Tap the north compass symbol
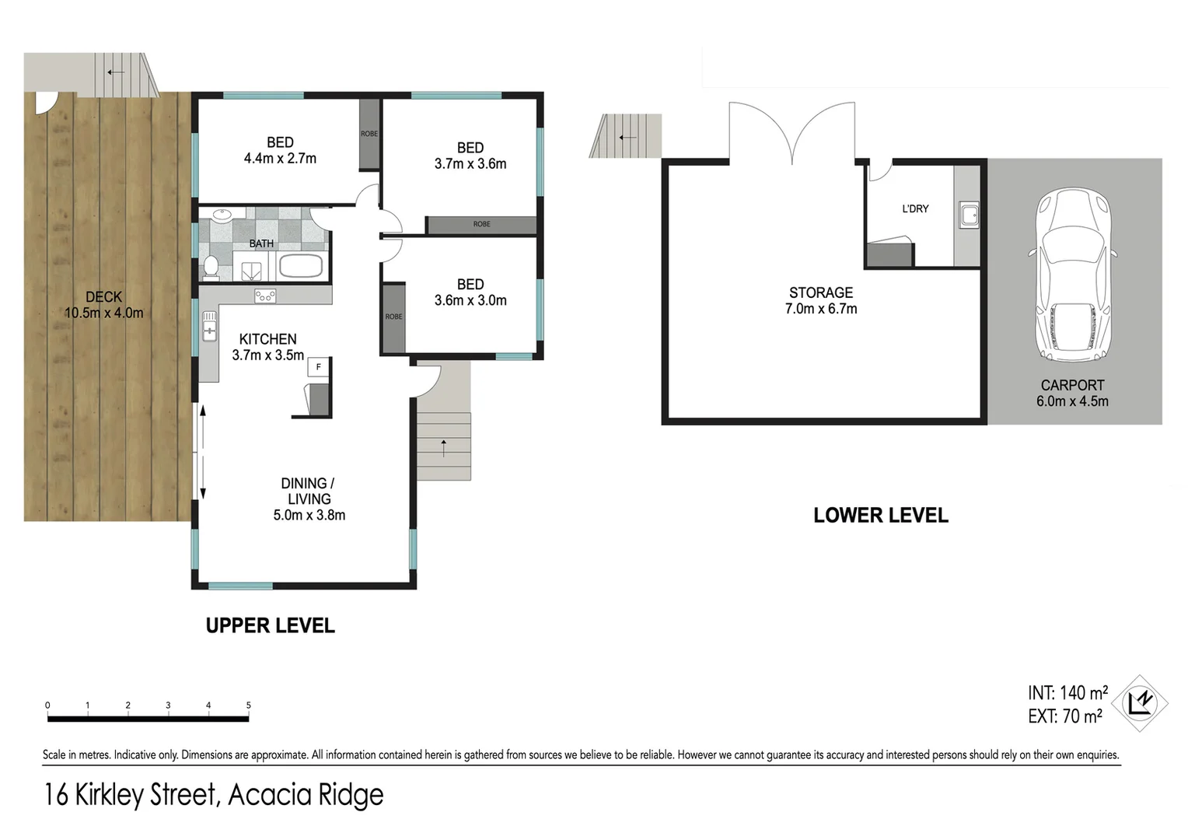(x=1140, y=703)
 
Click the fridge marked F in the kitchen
(x=318, y=367)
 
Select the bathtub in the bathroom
(x=300, y=266)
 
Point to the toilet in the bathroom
(x=211, y=267)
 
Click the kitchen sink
(x=210, y=326)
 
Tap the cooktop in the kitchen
(x=265, y=296)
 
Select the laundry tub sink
(x=968, y=215)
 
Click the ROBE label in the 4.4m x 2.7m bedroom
(x=369, y=134)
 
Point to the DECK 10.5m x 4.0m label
(x=103, y=305)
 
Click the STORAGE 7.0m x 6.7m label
(x=821, y=300)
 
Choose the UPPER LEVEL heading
(x=270, y=625)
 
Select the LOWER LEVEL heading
(x=880, y=516)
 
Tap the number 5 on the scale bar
(x=249, y=705)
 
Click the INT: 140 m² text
(x=1067, y=692)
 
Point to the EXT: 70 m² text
(x=1064, y=716)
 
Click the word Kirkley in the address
(x=110, y=795)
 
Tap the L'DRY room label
(x=915, y=208)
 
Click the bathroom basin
(x=221, y=215)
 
